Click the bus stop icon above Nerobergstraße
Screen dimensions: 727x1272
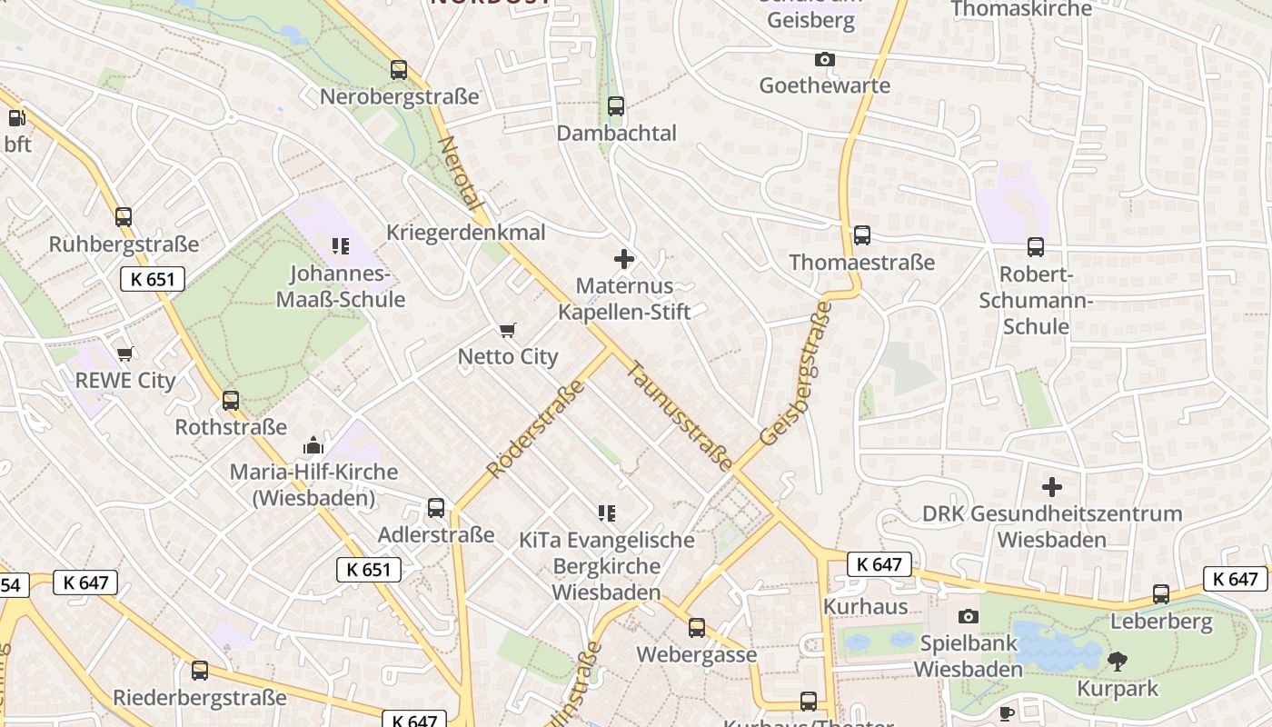(399, 70)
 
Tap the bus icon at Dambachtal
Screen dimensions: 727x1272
(616, 106)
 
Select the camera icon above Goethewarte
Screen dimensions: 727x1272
(824, 60)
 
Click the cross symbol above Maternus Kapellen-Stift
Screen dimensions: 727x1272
(624, 259)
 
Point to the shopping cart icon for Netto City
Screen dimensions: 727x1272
(508, 331)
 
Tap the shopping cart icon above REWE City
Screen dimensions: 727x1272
(124, 354)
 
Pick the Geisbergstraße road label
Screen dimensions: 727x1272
(797, 374)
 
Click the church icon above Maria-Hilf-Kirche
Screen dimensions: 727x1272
(313, 445)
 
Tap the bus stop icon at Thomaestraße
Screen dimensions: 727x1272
(861, 235)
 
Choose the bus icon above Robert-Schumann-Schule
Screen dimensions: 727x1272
(1035, 247)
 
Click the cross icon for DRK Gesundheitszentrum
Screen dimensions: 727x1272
(1052, 487)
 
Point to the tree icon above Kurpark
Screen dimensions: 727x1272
(1118, 662)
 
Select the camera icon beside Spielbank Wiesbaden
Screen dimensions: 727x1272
(969, 617)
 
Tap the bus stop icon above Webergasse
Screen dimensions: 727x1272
(697, 628)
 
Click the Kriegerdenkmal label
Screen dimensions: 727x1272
(466, 233)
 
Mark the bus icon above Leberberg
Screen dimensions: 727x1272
(1161, 595)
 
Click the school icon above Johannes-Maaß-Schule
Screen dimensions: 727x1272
(341, 245)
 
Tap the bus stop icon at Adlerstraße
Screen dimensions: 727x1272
(436, 508)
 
